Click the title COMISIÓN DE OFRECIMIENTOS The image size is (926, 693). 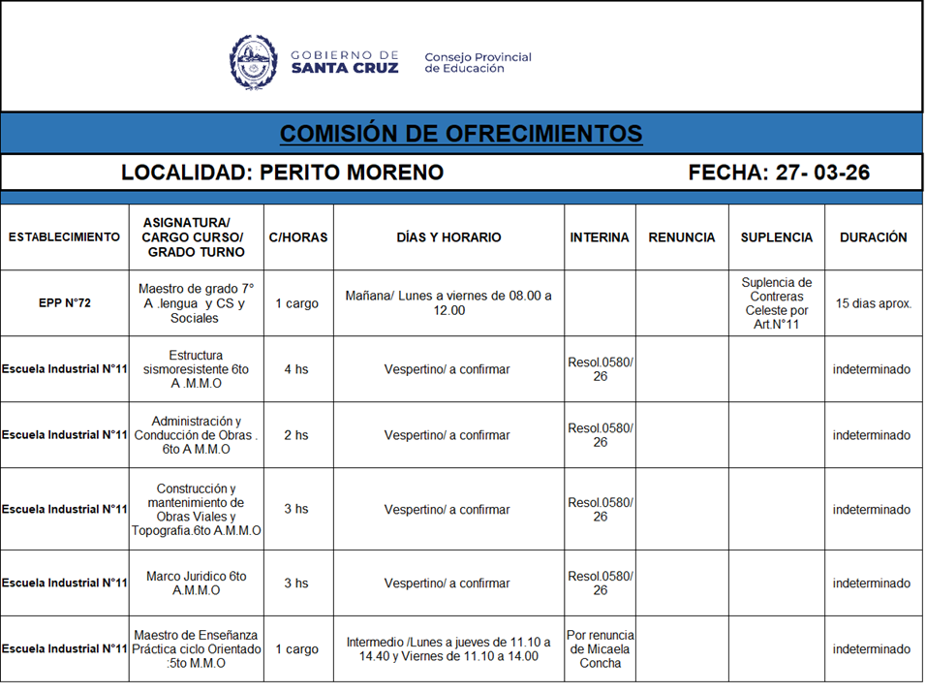click(461, 134)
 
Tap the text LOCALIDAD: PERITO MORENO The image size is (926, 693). click(282, 173)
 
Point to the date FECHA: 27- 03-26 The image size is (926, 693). click(779, 173)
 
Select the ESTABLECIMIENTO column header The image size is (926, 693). click(64, 237)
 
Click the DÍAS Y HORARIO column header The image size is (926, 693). click(448, 237)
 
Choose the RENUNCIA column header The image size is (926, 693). click(682, 237)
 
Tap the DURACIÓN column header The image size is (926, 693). click(873, 237)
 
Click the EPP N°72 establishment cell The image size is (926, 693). click(64, 303)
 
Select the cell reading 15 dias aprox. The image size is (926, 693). click(873, 303)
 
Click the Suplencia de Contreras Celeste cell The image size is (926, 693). click(776, 303)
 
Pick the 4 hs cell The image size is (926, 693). click(296, 369)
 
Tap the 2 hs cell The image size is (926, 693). click(296, 435)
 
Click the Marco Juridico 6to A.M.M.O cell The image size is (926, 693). click(197, 583)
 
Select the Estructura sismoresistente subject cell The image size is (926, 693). click(197, 369)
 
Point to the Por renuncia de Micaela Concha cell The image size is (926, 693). click(600, 649)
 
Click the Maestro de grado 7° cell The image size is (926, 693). click(197, 303)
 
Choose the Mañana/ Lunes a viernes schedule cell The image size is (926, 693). click(448, 303)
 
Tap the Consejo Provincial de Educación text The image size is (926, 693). click(478, 63)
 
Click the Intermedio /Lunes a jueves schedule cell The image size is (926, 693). click(448, 649)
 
